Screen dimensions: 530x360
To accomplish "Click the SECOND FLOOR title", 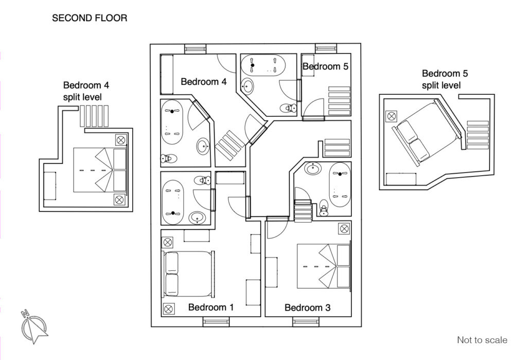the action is [90, 18].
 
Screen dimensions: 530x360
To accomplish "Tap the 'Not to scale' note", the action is [482, 340].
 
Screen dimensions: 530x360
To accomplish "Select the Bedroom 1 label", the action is [211, 307].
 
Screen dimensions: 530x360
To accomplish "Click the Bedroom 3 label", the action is [308, 307].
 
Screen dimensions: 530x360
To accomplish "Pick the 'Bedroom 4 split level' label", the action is [86, 91].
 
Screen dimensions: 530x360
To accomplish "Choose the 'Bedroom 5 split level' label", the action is [445, 79].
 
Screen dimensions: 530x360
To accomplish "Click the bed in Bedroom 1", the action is [189, 274].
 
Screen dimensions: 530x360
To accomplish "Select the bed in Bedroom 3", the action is [324, 266].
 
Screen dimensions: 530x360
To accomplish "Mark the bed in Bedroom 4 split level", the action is [100, 170].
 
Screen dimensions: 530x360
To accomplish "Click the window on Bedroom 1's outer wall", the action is [216, 322].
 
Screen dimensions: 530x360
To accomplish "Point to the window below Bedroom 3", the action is [306, 322].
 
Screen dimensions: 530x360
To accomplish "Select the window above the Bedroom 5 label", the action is [326, 48].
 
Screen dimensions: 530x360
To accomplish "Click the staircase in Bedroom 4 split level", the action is [94, 116].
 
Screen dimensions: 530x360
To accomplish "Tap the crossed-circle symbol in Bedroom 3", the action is [344, 229].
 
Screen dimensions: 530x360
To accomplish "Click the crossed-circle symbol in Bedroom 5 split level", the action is [392, 116].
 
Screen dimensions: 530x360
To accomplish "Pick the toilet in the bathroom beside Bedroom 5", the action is [288, 108].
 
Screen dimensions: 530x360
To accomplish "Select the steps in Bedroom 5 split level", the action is [478, 135].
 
